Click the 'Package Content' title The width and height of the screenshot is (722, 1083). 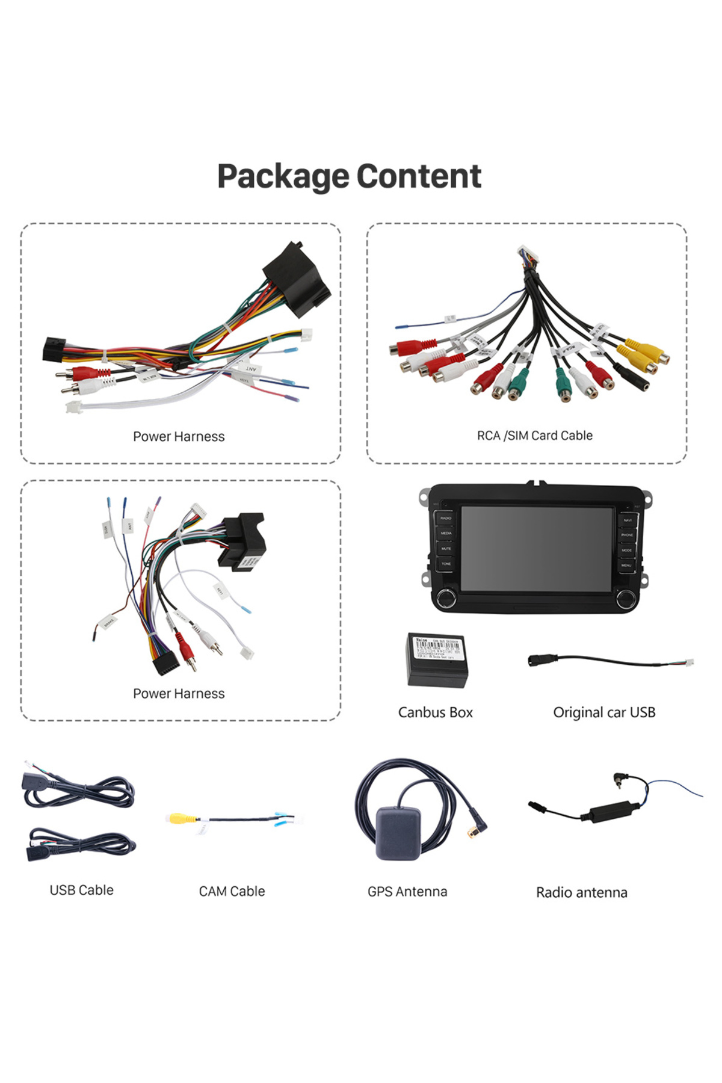tap(349, 176)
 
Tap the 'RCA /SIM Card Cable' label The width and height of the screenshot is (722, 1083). tap(534, 435)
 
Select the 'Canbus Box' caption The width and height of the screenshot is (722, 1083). tap(435, 712)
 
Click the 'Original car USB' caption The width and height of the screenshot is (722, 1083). tap(603, 712)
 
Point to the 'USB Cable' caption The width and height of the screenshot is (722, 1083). tap(81, 890)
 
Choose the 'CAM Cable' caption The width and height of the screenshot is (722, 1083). tap(232, 891)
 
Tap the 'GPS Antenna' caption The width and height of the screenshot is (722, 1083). tap(407, 892)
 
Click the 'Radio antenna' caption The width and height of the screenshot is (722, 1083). tap(581, 892)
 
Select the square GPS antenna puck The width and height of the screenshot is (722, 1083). tap(398, 833)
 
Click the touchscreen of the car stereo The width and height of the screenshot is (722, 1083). tap(536, 548)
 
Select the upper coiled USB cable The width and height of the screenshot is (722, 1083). tap(78, 789)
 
